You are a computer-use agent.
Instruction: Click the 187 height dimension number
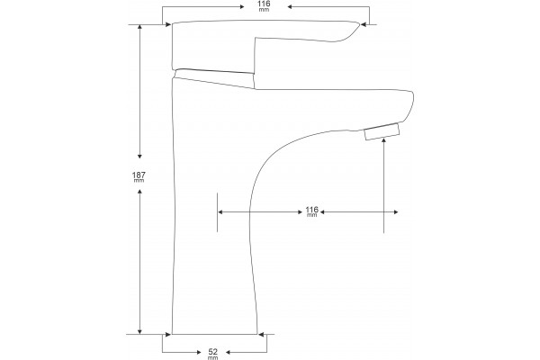pos(139,175)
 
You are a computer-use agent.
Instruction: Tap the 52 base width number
pos(213,352)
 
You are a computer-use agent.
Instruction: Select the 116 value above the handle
pos(264,4)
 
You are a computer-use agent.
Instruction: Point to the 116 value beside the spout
pos(311,210)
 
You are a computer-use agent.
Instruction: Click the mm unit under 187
pos(139,181)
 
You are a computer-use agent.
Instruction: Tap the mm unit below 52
pos(213,357)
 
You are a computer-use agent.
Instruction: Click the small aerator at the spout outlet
pos(382,131)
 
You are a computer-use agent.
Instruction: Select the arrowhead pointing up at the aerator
pos(383,140)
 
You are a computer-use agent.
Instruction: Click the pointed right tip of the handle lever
pos(359,24)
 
